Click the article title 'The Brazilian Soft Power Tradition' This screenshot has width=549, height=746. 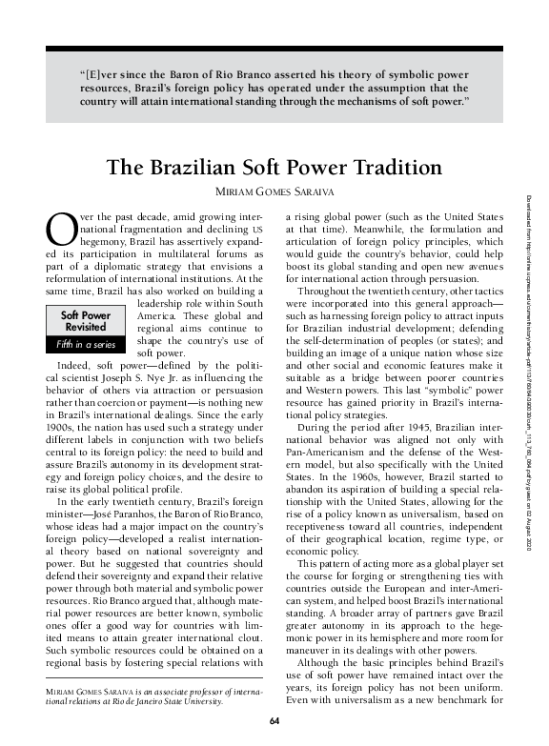[x=274, y=167]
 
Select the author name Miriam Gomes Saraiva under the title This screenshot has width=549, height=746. [x=274, y=193]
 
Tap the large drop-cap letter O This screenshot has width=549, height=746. [x=59, y=230]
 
